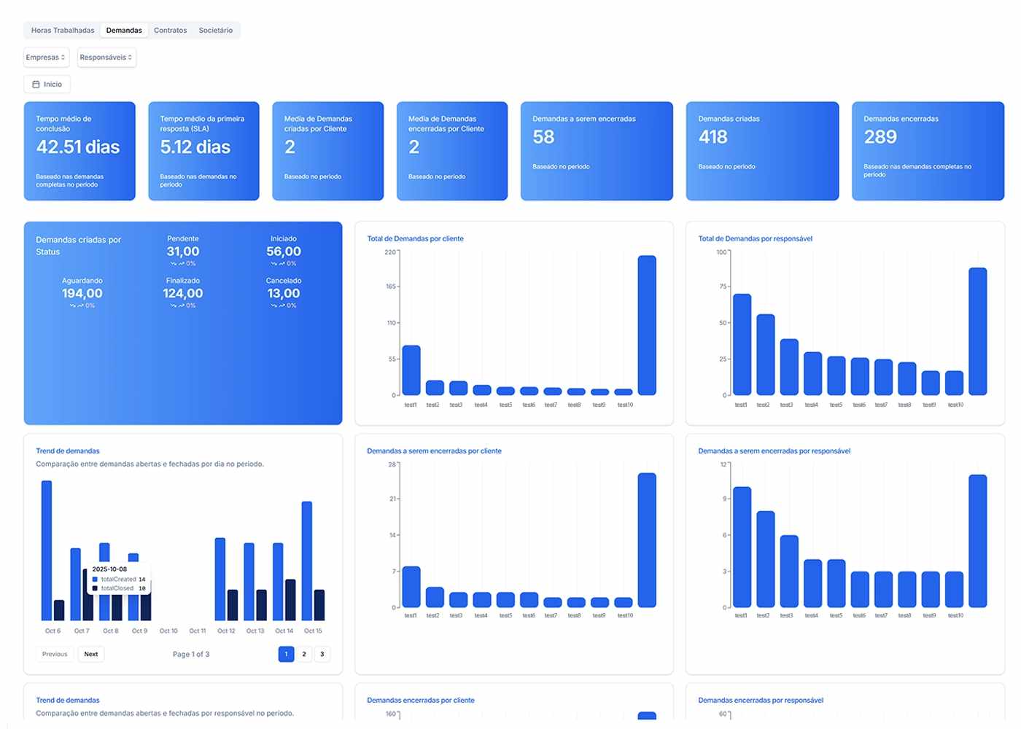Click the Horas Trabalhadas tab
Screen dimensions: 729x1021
tap(63, 31)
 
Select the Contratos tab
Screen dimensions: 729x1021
tap(170, 31)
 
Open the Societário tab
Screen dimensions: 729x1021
tap(216, 31)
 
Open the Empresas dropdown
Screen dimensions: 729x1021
tap(46, 58)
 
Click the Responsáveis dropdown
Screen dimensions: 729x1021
tap(106, 58)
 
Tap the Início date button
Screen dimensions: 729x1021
tap(47, 85)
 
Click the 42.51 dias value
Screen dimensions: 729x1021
tap(78, 147)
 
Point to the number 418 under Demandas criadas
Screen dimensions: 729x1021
tap(713, 137)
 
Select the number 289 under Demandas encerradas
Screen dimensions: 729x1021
tap(880, 137)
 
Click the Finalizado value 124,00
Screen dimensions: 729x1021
tap(182, 294)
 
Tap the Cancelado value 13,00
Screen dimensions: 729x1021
tap(284, 294)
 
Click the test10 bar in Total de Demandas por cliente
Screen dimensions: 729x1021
tap(647, 325)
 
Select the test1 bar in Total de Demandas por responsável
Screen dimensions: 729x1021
tap(742, 344)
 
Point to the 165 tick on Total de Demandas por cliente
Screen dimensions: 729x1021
tap(391, 286)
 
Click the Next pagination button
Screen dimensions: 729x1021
tap(91, 654)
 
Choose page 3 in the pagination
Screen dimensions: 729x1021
tap(322, 654)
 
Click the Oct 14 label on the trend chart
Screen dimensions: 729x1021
tap(284, 631)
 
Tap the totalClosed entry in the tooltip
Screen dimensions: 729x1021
tap(117, 588)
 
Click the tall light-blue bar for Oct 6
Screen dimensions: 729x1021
tap(47, 550)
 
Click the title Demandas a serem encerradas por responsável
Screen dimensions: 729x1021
tap(774, 451)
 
